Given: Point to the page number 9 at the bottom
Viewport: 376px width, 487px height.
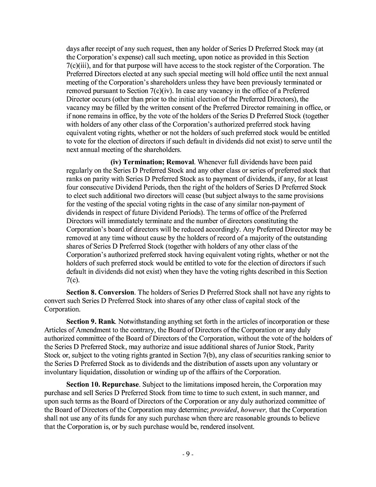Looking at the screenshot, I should coord(188,455).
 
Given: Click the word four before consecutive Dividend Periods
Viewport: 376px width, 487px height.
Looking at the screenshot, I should coord(74,187).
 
